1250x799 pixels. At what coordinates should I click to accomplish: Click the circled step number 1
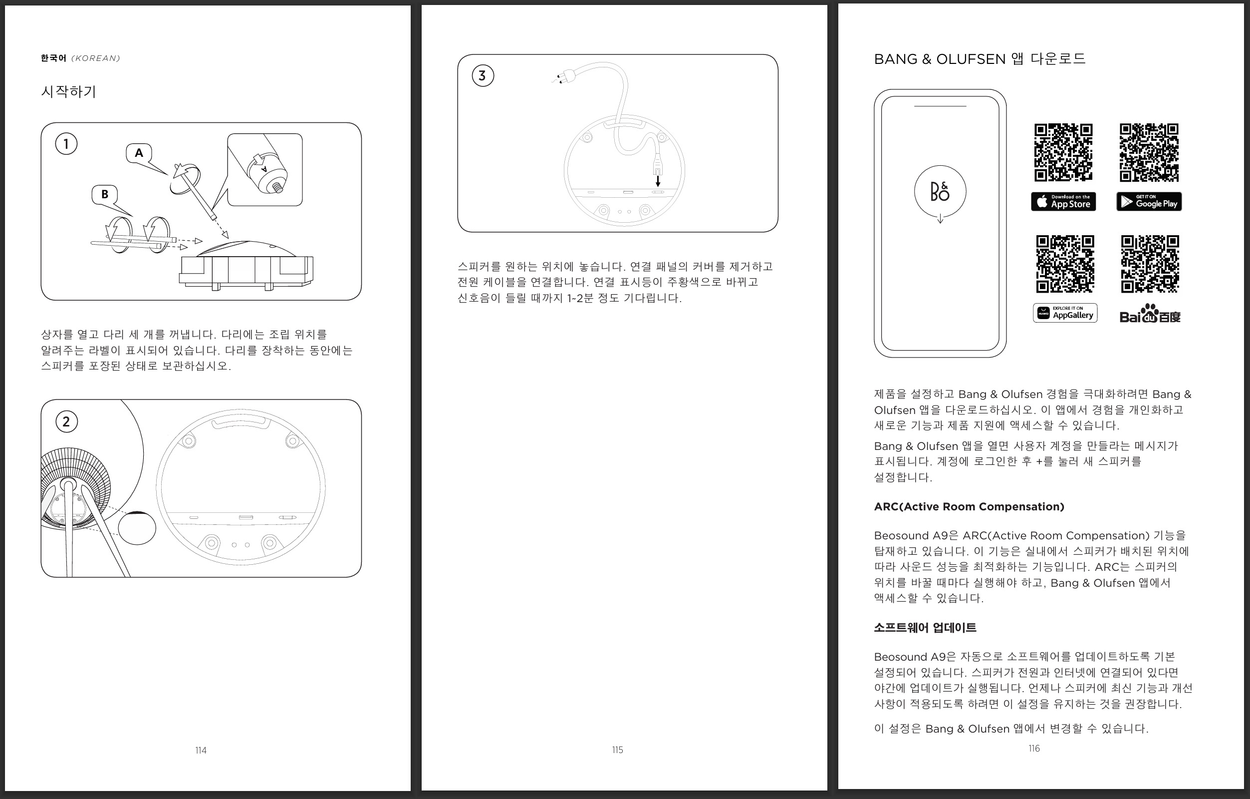pyautogui.click(x=66, y=144)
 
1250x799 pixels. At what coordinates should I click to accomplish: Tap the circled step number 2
pyautogui.click(x=66, y=421)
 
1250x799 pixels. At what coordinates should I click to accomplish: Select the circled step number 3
pyautogui.click(x=482, y=76)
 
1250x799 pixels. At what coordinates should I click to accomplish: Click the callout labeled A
pyautogui.click(x=139, y=153)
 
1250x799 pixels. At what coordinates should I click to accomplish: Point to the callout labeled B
pyautogui.click(x=104, y=194)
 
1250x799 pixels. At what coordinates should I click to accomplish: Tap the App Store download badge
pyautogui.click(x=1063, y=202)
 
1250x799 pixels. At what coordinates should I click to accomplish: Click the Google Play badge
pyautogui.click(x=1149, y=202)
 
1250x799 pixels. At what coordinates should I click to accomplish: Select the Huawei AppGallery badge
pyautogui.click(x=1065, y=313)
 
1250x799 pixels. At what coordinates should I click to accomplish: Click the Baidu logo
pyautogui.click(x=1150, y=314)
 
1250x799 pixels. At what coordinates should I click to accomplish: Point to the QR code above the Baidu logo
pyautogui.click(x=1150, y=264)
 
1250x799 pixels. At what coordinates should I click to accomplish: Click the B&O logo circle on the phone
pyautogui.click(x=940, y=191)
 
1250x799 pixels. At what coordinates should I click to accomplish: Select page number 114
pyautogui.click(x=201, y=750)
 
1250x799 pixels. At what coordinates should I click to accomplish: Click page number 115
pyautogui.click(x=617, y=750)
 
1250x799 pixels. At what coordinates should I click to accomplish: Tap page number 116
pyautogui.click(x=1034, y=748)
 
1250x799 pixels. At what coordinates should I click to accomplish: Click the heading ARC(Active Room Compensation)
pyautogui.click(x=969, y=506)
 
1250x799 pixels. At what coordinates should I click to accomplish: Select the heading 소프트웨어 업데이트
pyautogui.click(x=925, y=628)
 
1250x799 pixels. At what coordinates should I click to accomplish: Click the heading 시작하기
pyautogui.click(x=68, y=91)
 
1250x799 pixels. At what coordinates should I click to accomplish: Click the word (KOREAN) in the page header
pyautogui.click(x=95, y=58)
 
